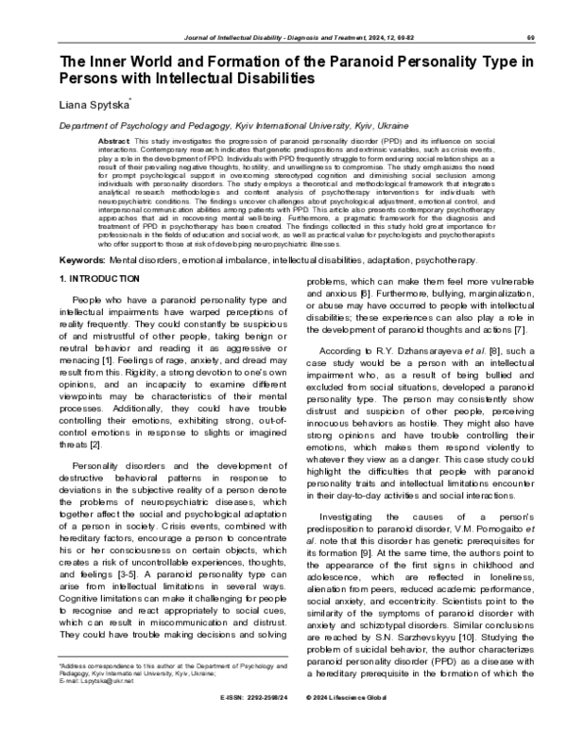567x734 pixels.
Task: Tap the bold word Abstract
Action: click(x=114, y=140)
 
